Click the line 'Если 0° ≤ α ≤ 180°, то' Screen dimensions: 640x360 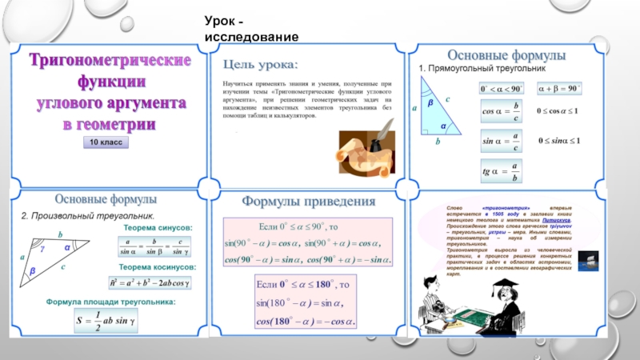(304, 285)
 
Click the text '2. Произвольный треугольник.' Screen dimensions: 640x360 (88, 215)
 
